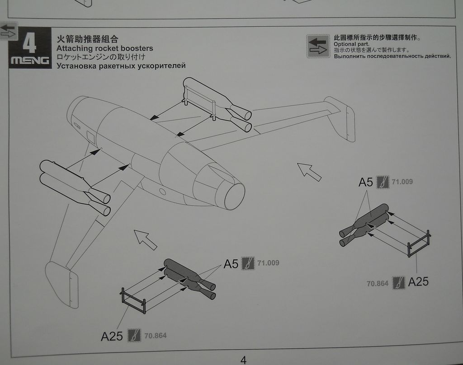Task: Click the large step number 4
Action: pos(29,43)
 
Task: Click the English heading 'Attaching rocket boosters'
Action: pos(105,48)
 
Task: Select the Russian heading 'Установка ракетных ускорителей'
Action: pos(121,66)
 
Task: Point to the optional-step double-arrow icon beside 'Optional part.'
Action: pos(318,46)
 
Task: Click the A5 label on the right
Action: pos(365,182)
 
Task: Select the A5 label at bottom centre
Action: pos(231,264)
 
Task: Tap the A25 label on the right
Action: pos(418,282)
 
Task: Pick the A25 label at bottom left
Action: pos(112,336)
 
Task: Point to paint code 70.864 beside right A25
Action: pos(378,284)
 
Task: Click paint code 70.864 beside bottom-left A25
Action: pos(156,336)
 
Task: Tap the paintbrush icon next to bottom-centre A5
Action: pos(247,263)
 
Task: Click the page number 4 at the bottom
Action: pos(243,360)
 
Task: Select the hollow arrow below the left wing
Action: pos(145,239)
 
